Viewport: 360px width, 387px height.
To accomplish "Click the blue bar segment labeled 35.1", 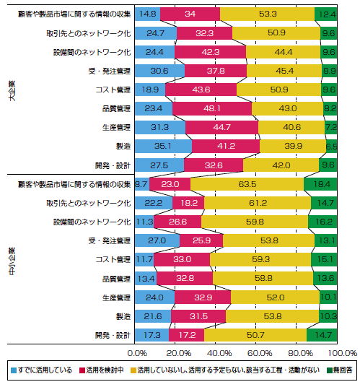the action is (163, 146).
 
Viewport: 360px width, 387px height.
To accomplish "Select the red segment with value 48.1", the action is (212, 108).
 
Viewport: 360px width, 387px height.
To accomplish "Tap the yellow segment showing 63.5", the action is (247, 184).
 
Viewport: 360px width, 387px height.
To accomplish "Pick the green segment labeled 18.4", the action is (320, 184).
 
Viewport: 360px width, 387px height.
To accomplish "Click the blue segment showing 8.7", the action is (142, 184).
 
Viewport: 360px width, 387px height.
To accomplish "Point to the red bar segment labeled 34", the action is (190, 14).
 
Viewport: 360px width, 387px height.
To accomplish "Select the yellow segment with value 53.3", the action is (267, 14).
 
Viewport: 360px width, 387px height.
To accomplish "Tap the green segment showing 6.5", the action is (331, 146).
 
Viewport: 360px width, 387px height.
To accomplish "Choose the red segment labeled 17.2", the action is (186, 335).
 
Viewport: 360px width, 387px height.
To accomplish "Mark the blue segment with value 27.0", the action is (157, 240).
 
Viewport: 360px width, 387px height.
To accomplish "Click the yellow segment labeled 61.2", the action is (258, 203).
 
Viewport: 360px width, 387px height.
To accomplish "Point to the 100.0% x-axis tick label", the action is (343, 353).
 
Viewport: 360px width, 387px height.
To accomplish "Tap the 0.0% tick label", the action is (137, 353).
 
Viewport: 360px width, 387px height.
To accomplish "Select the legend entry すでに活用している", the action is (42, 370).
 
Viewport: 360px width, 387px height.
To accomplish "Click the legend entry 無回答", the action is (340, 370).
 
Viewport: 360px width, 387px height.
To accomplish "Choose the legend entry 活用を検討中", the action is (102, 370).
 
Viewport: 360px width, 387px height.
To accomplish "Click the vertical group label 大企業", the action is (12, 90).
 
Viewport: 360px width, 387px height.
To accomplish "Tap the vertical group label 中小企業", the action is (12, 261).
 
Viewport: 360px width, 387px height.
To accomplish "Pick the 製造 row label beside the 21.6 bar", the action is (123, 316).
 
